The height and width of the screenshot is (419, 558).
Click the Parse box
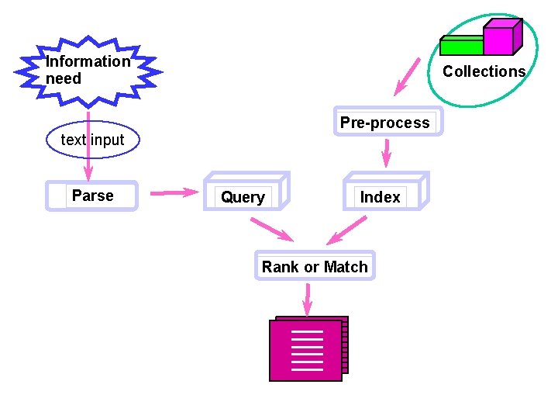tap(91, 196)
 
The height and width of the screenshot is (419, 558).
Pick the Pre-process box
tap(385, 123)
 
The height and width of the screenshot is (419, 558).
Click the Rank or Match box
tap(315, 267)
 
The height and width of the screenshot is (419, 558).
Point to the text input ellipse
tap(92, 140)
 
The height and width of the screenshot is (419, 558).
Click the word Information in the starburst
tap(88, 61)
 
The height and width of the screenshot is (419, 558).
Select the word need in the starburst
tap(64, 78)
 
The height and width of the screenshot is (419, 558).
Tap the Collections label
tap(484, 71)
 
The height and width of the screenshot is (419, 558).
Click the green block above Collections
tap(461, 46)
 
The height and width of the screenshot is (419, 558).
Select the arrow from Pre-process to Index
tap(385, 154)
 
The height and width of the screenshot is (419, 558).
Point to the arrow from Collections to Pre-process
tap(406, 78)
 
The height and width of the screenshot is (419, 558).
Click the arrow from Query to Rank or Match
tap(270, 230)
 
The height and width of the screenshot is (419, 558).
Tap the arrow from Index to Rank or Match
tap(347, 230)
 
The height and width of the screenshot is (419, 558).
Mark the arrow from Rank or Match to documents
tap(308, 299)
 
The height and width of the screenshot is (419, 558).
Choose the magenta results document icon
tap(307, 350)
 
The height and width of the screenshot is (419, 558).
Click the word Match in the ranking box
tap(346, 267)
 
